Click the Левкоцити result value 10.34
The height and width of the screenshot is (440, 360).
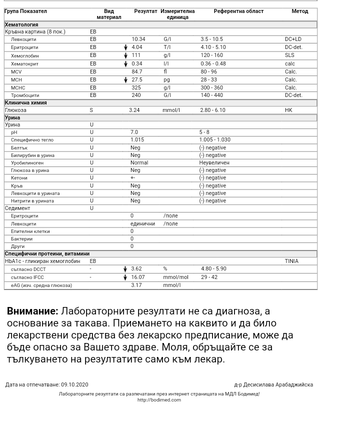click(x=138, y=39)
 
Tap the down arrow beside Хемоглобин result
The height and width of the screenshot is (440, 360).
click(x=125, y=55)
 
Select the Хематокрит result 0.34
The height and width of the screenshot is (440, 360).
click(x=137, y=63)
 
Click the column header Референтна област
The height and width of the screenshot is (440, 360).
click(x=238, y=11)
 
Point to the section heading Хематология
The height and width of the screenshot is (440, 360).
click(x=21, y=24)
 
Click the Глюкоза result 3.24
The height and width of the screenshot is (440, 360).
click(x=134, y=110)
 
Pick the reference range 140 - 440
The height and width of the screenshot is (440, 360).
click(x=212, y=95)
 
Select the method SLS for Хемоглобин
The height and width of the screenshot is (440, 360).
click(x=289, y=55)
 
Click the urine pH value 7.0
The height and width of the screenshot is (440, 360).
click(x=134, y=132)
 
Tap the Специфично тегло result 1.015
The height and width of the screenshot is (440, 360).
click(x=137, y=140)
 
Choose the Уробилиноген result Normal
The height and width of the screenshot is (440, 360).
click(x=139, y=162)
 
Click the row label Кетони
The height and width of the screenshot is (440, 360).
click(x=19, y=178)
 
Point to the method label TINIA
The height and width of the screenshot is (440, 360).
click(x=291, y=261)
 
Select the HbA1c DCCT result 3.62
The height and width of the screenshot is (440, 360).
click(x=136, y=268)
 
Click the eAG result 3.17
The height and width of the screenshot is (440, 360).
click(x=136, y=285)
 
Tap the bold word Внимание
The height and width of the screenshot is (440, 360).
click(x=32, y=311)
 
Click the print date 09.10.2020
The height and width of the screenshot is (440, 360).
click(x=74, y=384)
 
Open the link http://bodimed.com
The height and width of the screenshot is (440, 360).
click(x=159, y=400)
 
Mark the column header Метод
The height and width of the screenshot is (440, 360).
click(x=300, y=11)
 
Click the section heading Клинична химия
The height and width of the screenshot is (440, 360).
click(x=26, y=102)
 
